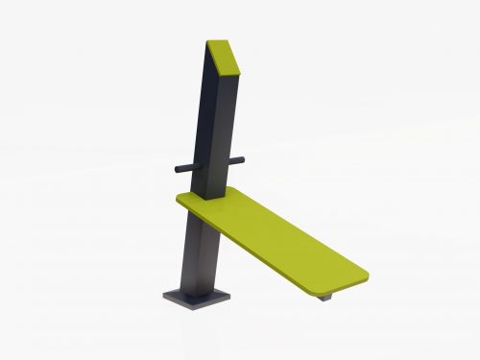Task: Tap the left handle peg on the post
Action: [x=186, y=167]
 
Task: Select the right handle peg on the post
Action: [x=236, y=160]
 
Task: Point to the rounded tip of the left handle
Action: [x=178, y=168]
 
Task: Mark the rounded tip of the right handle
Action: [x=243, y=159]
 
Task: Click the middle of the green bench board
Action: [x=274, y=234]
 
